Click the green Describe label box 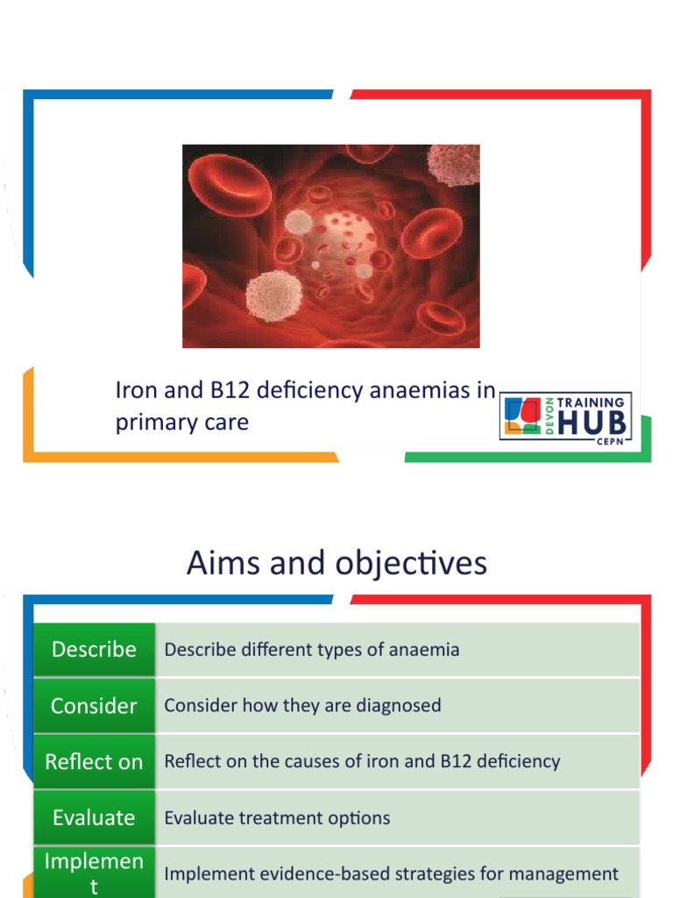94,650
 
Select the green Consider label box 94,706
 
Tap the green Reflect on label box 94,762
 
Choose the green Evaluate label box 94,818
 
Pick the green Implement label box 94,873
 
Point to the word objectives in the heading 412,564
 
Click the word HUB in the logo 592,424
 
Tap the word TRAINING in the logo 592,403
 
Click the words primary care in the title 181,422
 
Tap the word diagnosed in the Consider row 398,706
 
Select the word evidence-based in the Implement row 322,874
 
